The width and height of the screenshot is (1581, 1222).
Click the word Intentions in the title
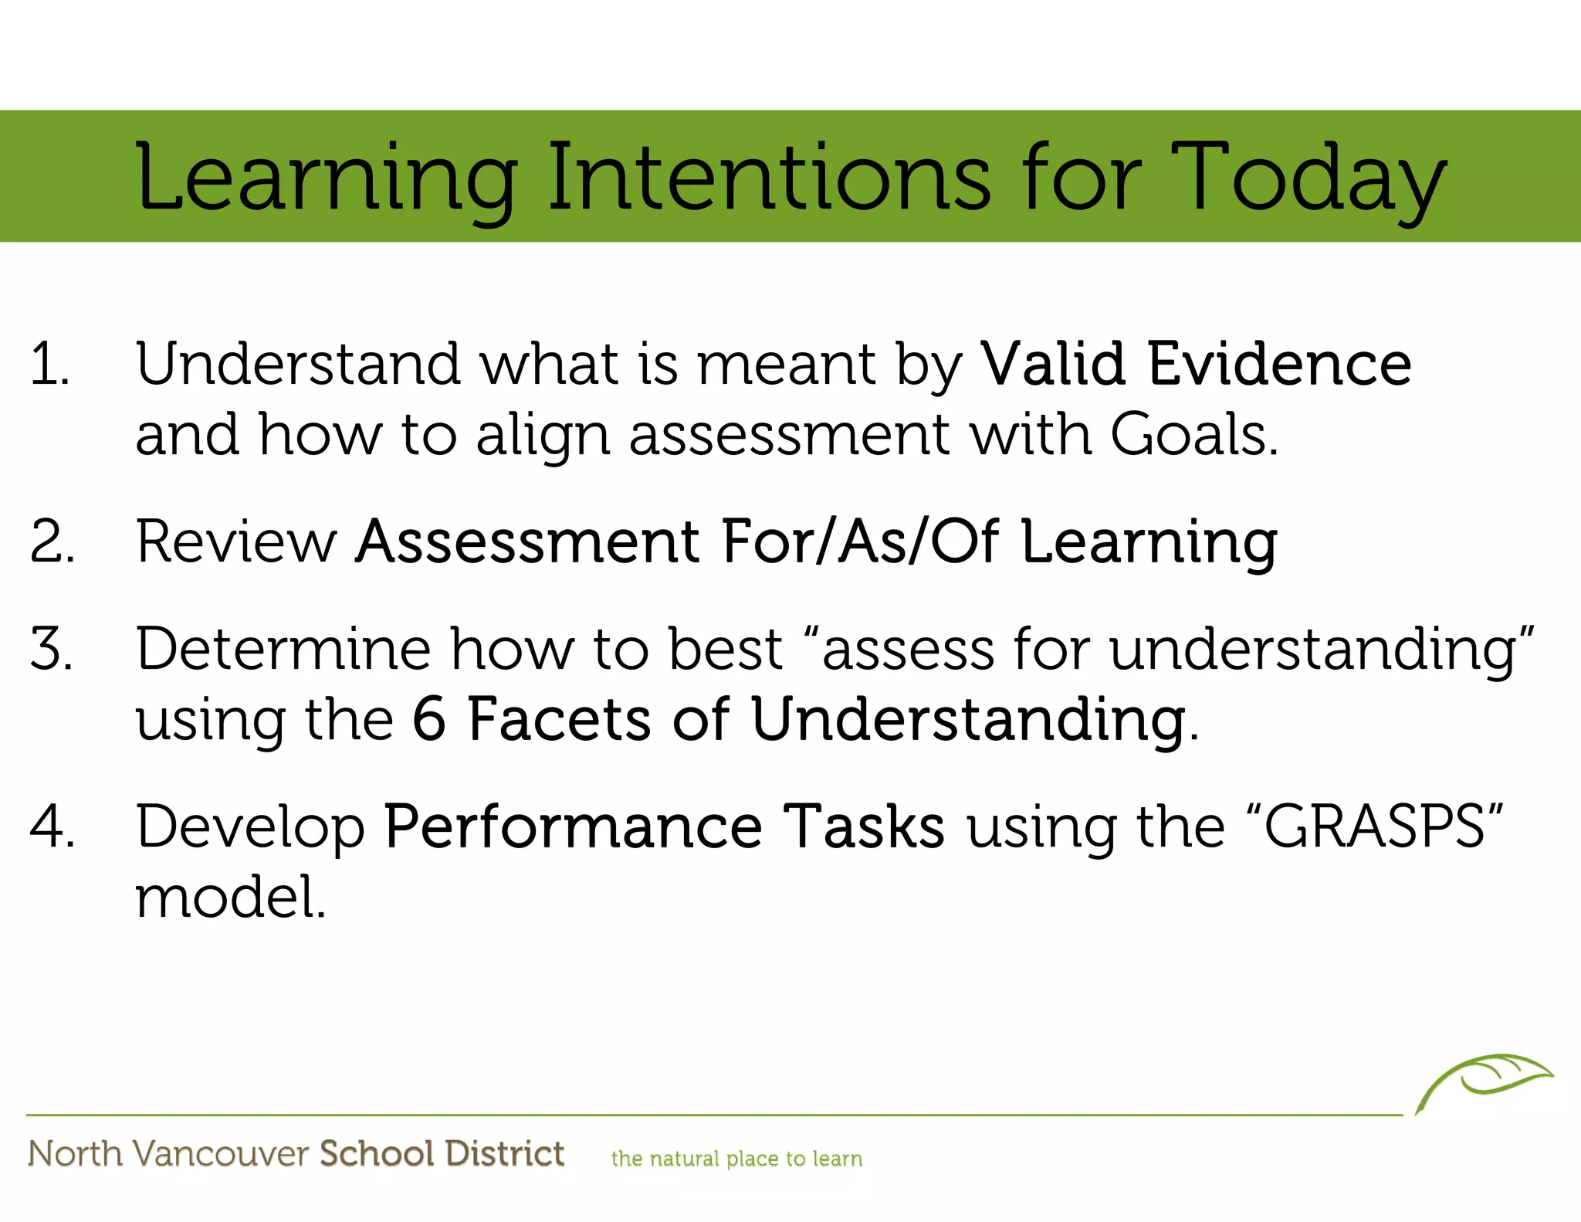pyautogui.click(x=768, y=179)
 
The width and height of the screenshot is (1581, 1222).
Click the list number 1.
pyautogui.click(x=49, y=364)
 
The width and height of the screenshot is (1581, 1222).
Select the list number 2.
pyautogui.click(x=52, y=541)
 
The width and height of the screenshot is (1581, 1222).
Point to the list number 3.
pyautogui.click(x=52, y=649)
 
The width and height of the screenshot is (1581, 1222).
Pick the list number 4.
pyautogui.click(x=52, y=827)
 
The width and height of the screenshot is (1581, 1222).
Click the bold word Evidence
pyautogui.click(x=1279, y=364)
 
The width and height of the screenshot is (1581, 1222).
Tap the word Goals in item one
pyautogui.click(x=1193, y=435)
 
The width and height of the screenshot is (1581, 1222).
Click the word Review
pyautogui.click(x=237, y=541)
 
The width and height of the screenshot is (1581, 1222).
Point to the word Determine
pyautogui.click(x=283, y=649)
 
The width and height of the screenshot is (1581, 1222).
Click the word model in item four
pyautogui.click(x=229, y=898)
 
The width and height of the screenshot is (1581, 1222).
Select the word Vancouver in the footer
pyautogui.click(x=221, y=1154)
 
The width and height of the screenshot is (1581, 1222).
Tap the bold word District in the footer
pyautogui.click(x=504, y=1154)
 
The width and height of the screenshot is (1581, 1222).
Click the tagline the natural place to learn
pyautogui.click(x=736, y=1159)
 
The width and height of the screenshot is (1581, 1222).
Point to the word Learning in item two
pyautogui.click(x=1149, y=543)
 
